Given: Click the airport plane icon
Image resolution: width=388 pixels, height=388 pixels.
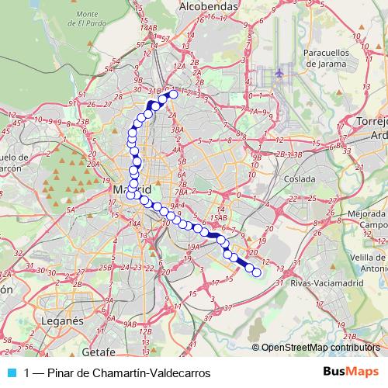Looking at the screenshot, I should pyautogui.click(x=279, y=74).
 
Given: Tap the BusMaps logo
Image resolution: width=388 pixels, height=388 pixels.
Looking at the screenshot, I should pyautogui.click(x=351, y=372).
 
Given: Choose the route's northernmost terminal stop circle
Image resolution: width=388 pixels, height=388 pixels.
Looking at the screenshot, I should pyautogui.click(x=173, y=95).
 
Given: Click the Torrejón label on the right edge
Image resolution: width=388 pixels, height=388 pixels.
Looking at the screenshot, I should pyautogui.click(x=369, y=128).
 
